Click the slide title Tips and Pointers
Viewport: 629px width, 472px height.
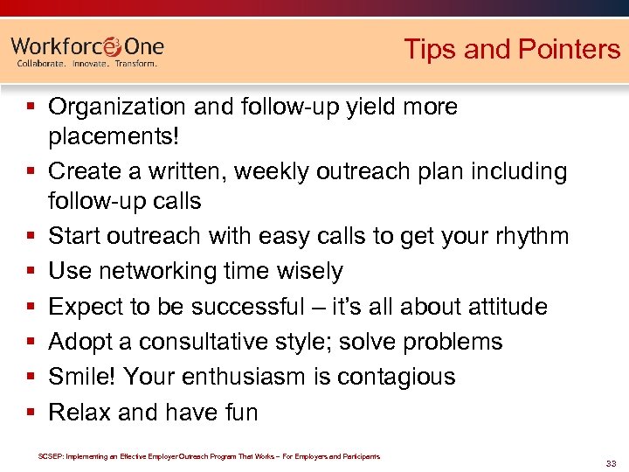tap(511, 49)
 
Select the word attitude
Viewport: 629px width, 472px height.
tap(496, 307)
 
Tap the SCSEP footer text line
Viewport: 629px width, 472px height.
tap(210, 455)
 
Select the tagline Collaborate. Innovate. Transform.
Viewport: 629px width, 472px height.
tap(87, 64)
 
